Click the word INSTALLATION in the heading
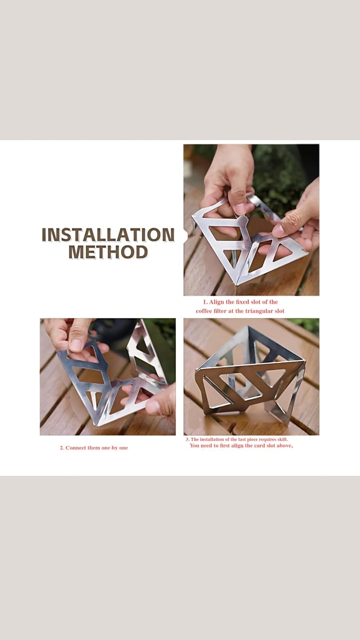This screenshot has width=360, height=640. click(x=108, y=235)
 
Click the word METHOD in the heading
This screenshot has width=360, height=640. click(x=108, y=252)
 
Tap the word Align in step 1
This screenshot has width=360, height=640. click(x=217, y=302)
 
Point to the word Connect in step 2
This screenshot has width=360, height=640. click(x=76, y=448)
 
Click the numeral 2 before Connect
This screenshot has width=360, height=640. click(x=61, y=448)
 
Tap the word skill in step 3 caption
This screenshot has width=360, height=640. click(x=282, y=439)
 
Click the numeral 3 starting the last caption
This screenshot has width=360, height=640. click(x=187, y=439)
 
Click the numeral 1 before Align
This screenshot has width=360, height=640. click(x=205, y=302)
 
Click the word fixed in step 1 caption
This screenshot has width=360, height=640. click(x=243, y=302)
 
